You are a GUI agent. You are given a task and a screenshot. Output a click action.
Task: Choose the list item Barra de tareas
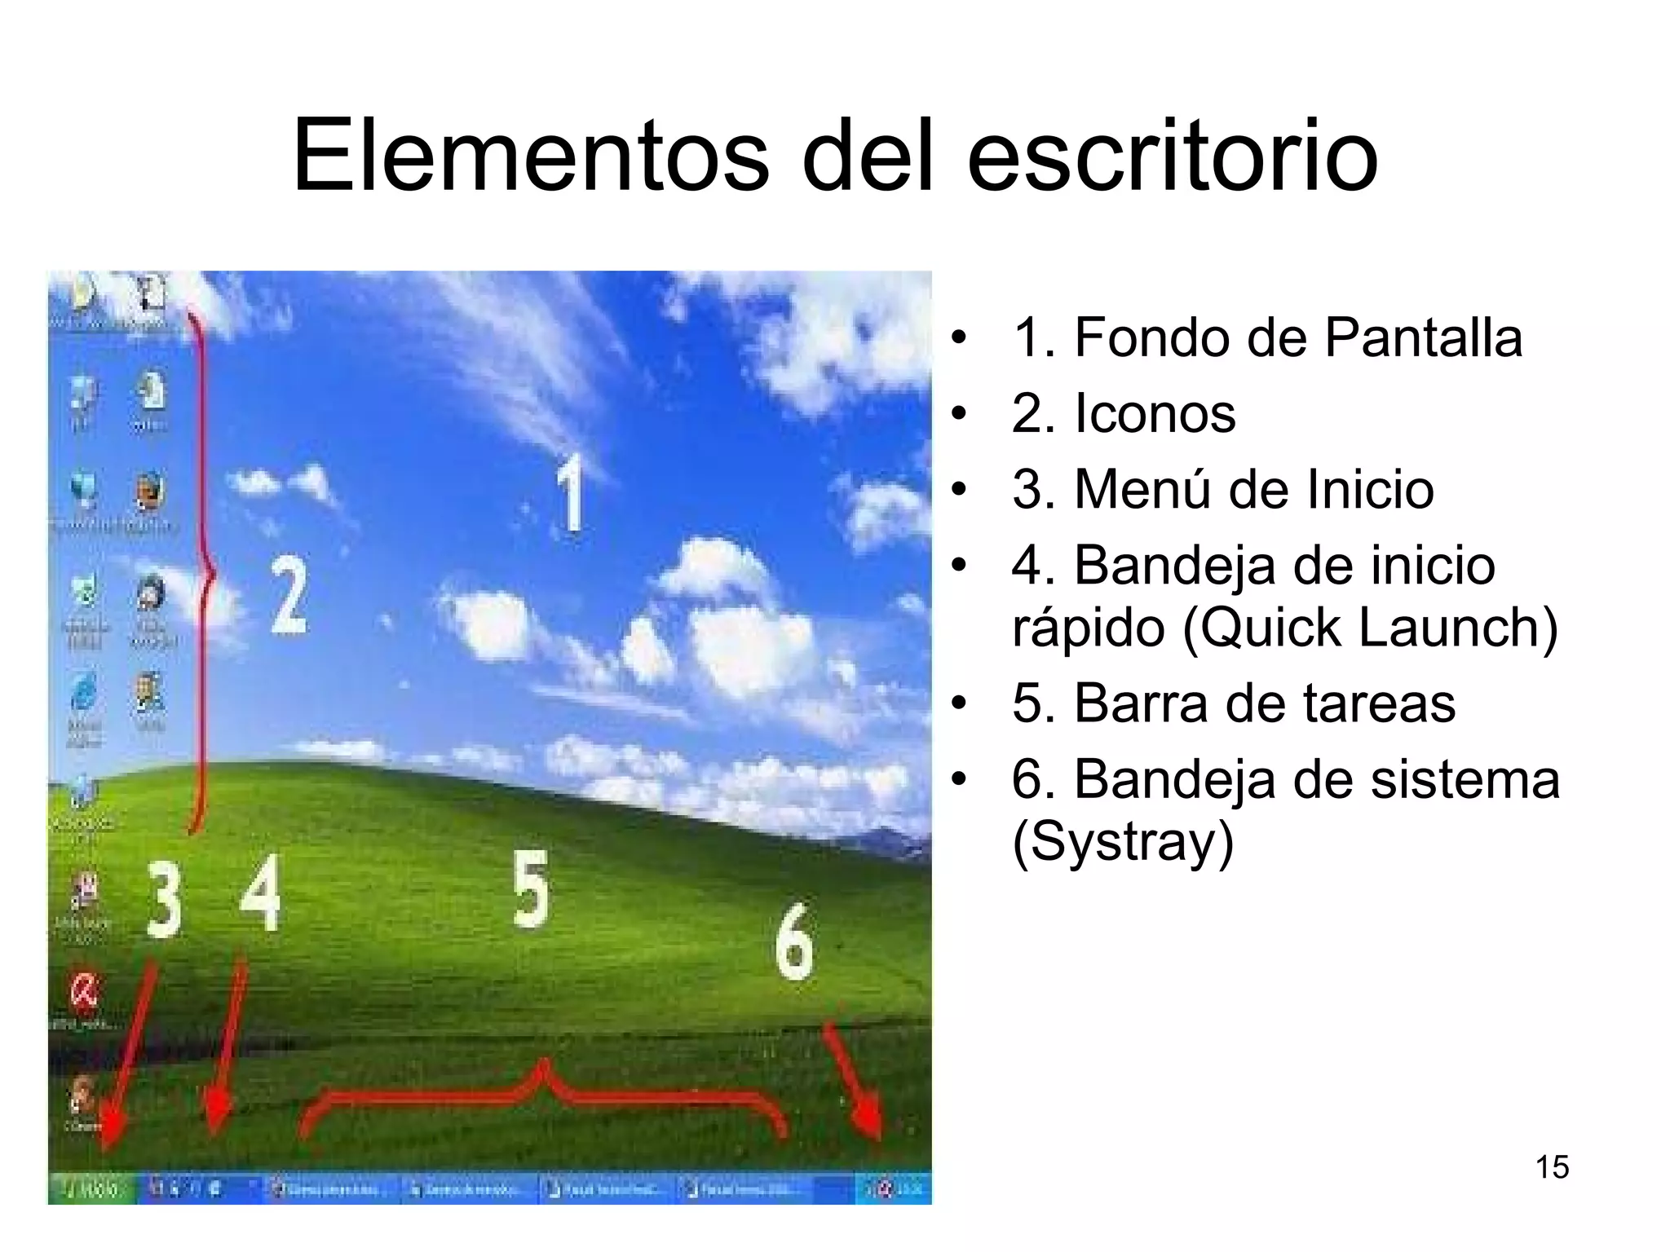click(1264, 703)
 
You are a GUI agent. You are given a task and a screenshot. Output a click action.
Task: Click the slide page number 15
click(1552, 1167)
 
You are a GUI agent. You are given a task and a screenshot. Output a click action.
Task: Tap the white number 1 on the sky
click(570, 492)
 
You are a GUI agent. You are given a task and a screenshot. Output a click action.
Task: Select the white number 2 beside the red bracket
click(289, 595)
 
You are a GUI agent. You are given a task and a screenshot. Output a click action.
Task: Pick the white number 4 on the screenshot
click(261, 893)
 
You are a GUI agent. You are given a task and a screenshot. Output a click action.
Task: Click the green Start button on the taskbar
click(92, 1189)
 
